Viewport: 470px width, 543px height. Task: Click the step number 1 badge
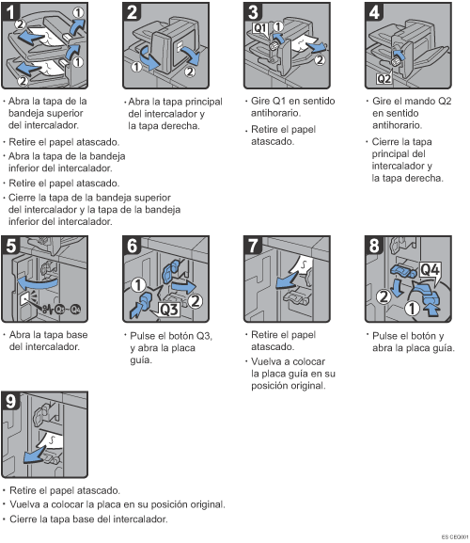point(9,11)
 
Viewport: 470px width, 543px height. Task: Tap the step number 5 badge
point(10,246)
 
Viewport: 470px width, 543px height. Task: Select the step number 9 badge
point(10,401)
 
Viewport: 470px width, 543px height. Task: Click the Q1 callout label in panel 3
point(259,27)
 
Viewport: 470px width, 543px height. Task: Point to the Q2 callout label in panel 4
point(384,79)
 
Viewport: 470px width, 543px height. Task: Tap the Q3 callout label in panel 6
point(169,309)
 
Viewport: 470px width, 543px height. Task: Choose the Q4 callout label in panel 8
point(430,269)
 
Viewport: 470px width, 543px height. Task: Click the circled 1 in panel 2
point(136,67)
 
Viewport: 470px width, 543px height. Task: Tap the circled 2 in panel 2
point(190,72)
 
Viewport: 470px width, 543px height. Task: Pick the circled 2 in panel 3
point(320,60)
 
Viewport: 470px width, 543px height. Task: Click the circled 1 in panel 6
point(138,285)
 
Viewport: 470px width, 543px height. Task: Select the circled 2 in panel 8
point(384,296)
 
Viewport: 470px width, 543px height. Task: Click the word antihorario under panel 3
point(275,113)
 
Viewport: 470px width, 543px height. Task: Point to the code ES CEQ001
point(454,536)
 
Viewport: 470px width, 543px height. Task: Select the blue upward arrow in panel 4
point(399,55)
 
